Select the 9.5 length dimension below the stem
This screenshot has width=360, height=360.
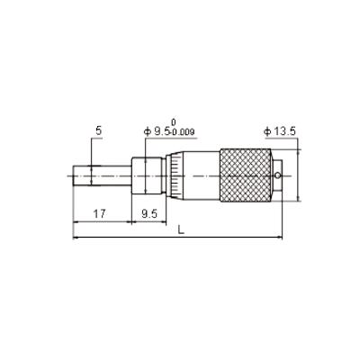[149, 214]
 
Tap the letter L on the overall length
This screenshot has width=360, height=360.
[182, 230]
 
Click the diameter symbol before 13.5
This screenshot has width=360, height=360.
[266, 131]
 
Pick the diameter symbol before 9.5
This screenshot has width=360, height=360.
[148, 131]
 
